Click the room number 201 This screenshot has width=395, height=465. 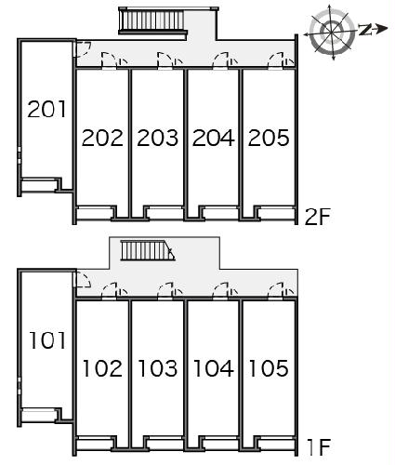tap(46, 109)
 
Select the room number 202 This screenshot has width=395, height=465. tap(102, 138)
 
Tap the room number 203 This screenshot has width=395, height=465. tap(158, 138)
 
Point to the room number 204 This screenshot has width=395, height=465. tap(214, 138)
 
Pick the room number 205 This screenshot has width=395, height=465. tap(269, 138)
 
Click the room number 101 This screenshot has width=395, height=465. tap(47, 340)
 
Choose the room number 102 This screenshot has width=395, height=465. tap(102, 368)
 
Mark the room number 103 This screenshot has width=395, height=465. tap(158, 368)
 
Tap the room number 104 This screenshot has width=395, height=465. tap(214, 368)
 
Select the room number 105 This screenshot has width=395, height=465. tap(269, 368)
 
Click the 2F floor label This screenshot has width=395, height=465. tap(318, 217)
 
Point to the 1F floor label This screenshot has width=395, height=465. tap(319, 447)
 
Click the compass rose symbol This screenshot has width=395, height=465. tap(332, 32)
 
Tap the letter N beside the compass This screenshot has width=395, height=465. tap(366, 29)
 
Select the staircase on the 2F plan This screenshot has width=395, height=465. tap(153, 20)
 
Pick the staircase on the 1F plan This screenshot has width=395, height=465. tap(148, 250)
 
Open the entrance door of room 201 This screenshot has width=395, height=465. tap(82, 49)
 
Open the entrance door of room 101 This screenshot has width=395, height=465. tap(83, 279)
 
